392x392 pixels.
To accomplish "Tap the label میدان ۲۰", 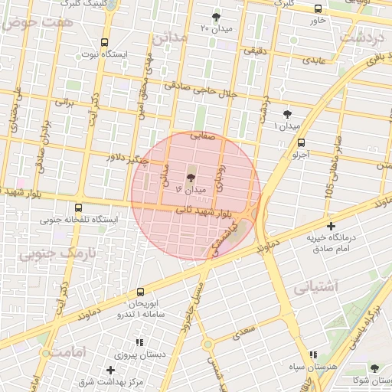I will coord(215,28).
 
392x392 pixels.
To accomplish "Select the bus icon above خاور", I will coord(318,8).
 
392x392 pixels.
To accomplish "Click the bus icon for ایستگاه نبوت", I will coord(104,42).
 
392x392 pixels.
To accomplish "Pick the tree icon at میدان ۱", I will coord(287,113).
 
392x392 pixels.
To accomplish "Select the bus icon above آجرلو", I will coord(301,142).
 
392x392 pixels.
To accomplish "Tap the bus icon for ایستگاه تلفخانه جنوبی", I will coord(78,207).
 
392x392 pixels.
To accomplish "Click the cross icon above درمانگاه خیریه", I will coord(331,226).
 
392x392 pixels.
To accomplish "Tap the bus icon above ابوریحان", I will coord(140,292).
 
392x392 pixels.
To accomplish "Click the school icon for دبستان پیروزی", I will coord(139,343).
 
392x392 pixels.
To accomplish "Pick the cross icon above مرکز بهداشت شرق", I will coord(111,370).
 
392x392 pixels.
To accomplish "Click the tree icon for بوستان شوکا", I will coord(374,368).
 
